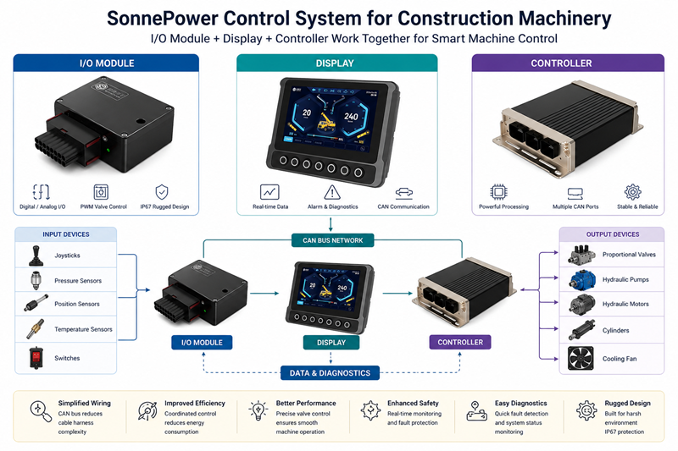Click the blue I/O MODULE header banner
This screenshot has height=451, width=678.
[x=107, y=63]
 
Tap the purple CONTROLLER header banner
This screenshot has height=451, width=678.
[x=568, y=63]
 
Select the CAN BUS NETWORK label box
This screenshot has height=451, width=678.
[x=333, y=240]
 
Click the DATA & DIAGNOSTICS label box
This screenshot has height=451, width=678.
[x=331, y=372]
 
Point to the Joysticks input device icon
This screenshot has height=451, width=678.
[x=34, y=254]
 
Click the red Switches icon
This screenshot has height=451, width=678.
[x=34, y=357]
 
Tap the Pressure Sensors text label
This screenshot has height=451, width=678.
[x=77, y=280]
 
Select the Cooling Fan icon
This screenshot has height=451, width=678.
[x=581, y=358]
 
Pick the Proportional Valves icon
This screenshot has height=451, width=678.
[x=581, y=254]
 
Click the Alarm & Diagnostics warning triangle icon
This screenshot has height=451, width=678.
[x=332, y=191]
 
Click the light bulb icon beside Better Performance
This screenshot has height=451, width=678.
[x=258, y=411]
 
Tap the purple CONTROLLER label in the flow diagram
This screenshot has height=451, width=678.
[x=460, y=343]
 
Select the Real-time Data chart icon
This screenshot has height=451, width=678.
[x=270, y=191]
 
